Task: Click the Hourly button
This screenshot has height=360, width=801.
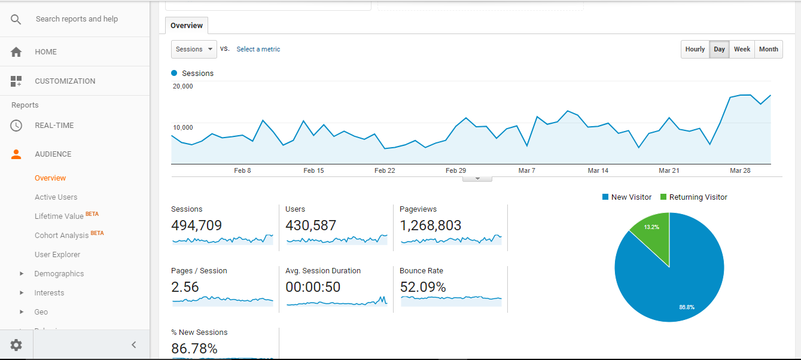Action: tap(695, 49)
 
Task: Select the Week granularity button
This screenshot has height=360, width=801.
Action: tap(742, 49)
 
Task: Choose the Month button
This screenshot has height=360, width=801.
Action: tap(769, 49)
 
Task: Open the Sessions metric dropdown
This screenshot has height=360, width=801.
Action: tap(194, 49)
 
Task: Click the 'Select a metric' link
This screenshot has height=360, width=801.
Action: tap(258, 49)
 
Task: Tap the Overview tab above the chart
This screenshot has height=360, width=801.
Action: tap(187, 25)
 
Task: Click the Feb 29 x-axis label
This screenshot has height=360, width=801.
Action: tap(456, 170)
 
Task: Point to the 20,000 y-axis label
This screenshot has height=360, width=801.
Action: tap(183, 86)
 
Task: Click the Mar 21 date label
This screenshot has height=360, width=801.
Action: tap(669, 170)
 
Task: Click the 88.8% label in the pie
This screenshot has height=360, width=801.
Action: tap(686, 307)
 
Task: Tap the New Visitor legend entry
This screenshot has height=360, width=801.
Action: tap(626, 197)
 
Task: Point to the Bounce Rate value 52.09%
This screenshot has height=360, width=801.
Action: tap(423, 287)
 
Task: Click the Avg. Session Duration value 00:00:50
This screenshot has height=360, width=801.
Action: tap(313, 287)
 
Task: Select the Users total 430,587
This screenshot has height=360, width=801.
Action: tap(311, 225)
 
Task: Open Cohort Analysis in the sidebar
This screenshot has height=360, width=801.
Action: tap(62, 235)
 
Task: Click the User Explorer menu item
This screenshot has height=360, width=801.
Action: tap(57, 254)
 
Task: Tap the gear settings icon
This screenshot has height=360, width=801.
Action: tap(16, 344)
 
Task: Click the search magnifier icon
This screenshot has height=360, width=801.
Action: tap(16, 19)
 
